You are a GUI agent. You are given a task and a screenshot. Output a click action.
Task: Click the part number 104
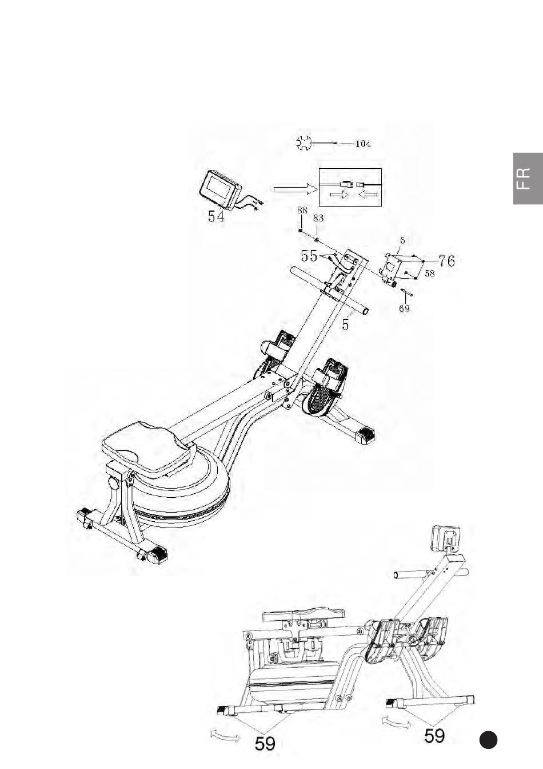click(363, 144)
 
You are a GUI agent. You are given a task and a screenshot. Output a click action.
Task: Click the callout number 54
click(215, 217)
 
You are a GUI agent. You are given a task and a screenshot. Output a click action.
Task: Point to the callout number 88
click(301, 211)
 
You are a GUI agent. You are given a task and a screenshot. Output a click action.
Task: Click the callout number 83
click(318, 218)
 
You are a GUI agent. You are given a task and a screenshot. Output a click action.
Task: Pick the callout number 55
click(309, 256)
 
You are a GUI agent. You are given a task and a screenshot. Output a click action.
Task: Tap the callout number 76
click(446, 261)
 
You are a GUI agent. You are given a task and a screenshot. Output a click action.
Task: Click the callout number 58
click(429, 273)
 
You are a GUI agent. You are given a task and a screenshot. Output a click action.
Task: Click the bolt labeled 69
click(407, 292)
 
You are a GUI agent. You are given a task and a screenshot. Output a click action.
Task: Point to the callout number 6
click(402, 241)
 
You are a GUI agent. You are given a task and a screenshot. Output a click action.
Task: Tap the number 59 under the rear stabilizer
click(265, 744)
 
